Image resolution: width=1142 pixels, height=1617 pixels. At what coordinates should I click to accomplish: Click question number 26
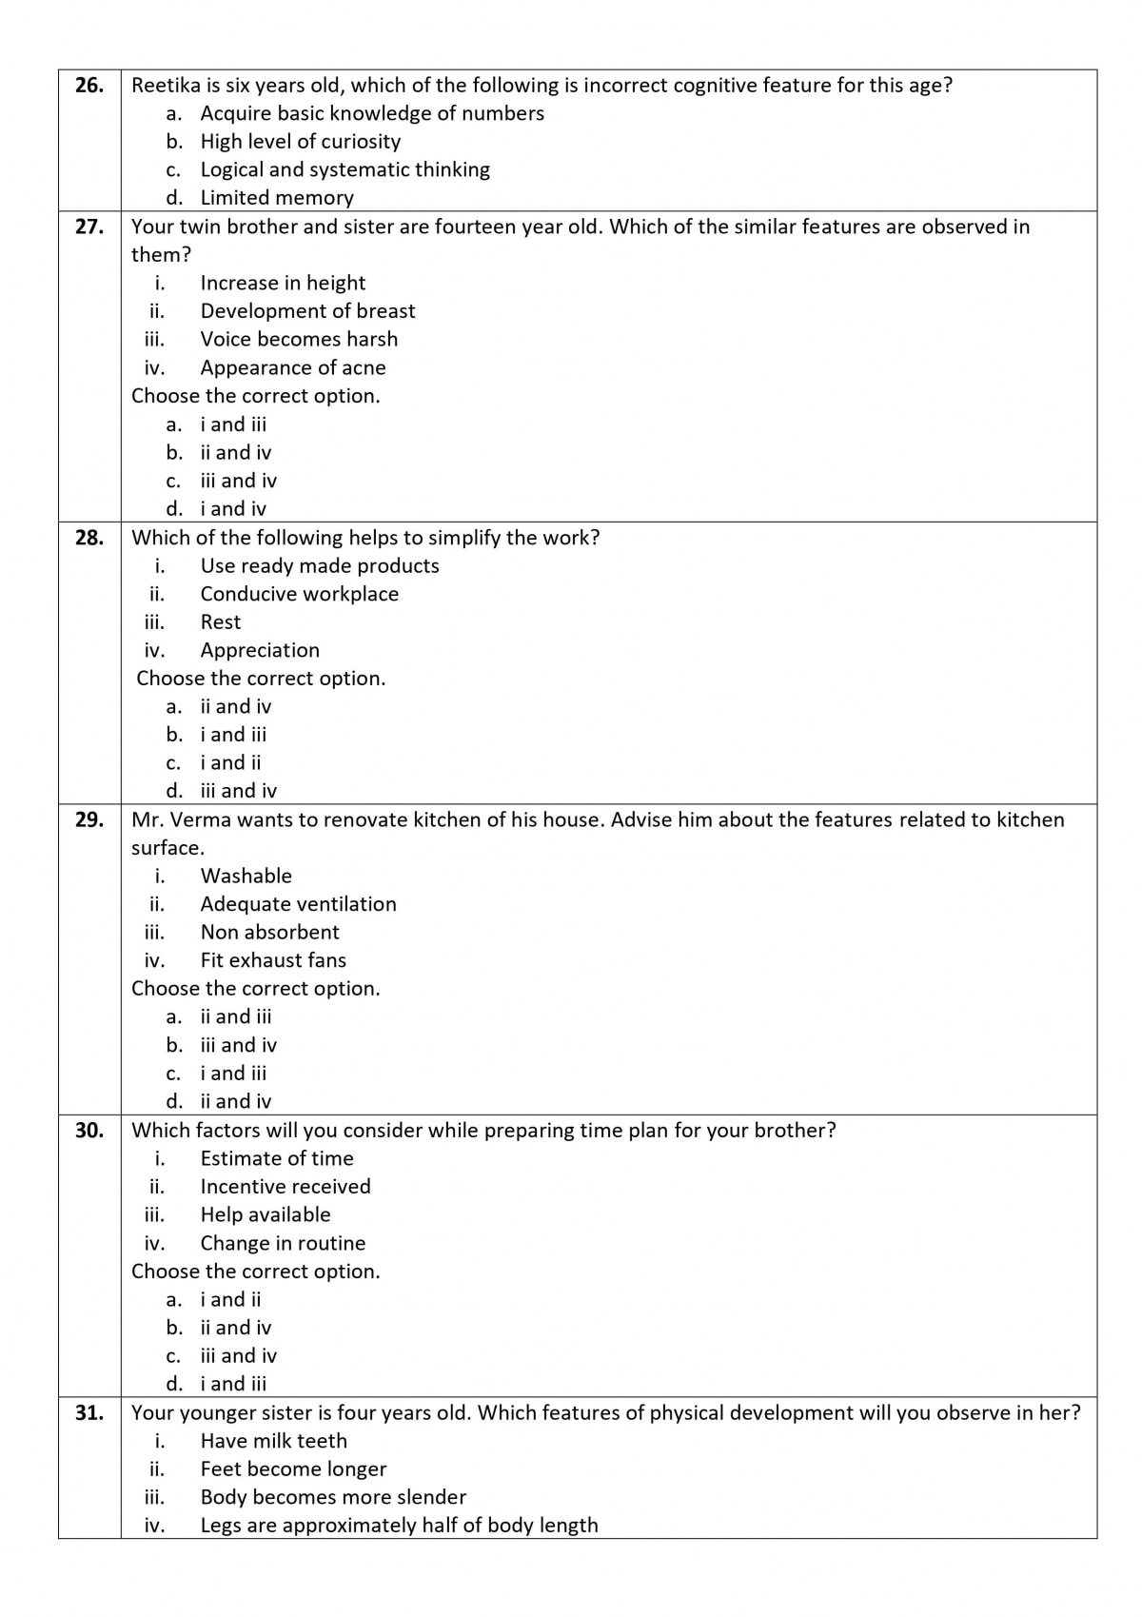[x=89, y=86]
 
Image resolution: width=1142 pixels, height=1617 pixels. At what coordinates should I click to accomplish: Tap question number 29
[x=89, y=819]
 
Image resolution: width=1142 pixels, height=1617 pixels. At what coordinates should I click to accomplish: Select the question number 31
[x=89, y=1412]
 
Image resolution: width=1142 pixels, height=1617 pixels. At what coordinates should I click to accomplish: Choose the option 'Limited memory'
[x=277, y=198]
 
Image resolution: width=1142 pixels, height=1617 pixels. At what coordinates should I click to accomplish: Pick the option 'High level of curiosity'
[x=300, y=142]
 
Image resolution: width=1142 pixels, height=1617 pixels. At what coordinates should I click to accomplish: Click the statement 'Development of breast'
[x=307, y=311]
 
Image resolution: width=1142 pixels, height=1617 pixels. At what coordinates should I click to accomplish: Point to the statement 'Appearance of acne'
[x=293, y=367]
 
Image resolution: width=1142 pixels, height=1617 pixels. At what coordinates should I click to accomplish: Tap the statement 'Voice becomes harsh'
[x=299, y=339]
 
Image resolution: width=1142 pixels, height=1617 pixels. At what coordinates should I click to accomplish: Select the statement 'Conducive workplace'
[x=299, y=594]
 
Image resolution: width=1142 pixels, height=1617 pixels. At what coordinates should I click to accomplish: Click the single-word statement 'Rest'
[x=221, y=622]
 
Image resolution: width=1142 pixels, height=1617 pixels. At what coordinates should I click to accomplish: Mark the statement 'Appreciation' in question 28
[x=260, y=650]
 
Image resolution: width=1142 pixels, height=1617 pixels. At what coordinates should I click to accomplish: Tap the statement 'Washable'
[x=246, y=876]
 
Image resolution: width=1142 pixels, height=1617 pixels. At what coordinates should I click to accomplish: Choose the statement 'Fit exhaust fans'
[x=273, y=960]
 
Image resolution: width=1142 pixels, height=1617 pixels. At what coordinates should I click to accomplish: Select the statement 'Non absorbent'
[x=269, y=932]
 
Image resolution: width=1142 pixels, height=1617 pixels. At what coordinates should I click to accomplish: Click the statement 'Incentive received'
[x=285, y=1187]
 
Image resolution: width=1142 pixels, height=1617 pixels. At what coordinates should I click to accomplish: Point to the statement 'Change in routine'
[x=283, y=1243]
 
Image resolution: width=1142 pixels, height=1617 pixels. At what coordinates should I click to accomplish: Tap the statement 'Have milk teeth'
[x=273, y=1441]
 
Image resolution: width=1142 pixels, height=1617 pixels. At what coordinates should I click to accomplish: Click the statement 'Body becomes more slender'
[x=333, y=1497]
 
